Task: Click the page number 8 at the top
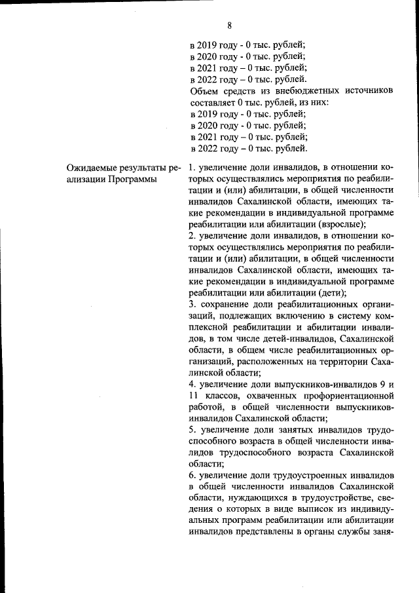pyautogui.click(x=230, y=26)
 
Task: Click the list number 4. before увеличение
pyautogui.click(x=192, y=385)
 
